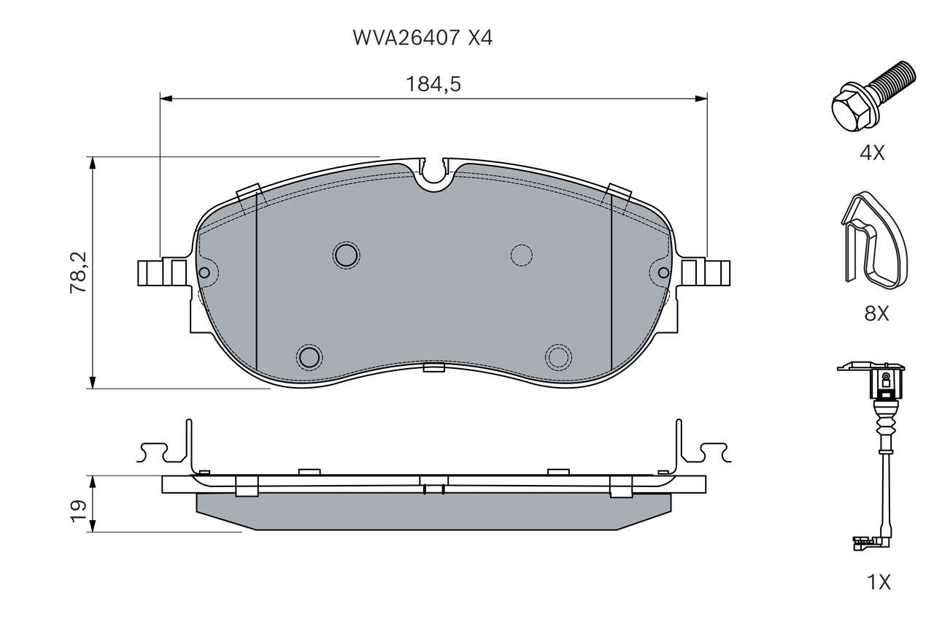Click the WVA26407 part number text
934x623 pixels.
(406, 38)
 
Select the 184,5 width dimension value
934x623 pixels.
(433, 84)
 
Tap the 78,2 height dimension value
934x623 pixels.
(78, 272)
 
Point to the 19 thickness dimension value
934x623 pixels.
(78, 511)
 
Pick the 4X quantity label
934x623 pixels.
(872, 153)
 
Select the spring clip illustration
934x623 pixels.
(873, 240)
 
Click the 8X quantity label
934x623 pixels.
(876, 313)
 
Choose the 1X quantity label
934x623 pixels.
(879, 581)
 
